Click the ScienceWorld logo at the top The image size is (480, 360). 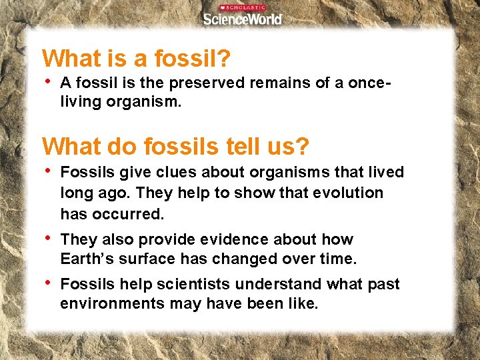(243, 18)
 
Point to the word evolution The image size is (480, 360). (351, 193)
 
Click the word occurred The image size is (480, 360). (129, 214)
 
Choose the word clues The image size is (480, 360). (171, 172)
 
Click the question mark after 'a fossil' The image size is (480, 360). (225, 59)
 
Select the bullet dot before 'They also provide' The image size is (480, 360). (47, 238)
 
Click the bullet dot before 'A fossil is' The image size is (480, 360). (47, 81)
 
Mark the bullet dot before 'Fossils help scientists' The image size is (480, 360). (47, 283)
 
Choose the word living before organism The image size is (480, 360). (81, 103)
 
